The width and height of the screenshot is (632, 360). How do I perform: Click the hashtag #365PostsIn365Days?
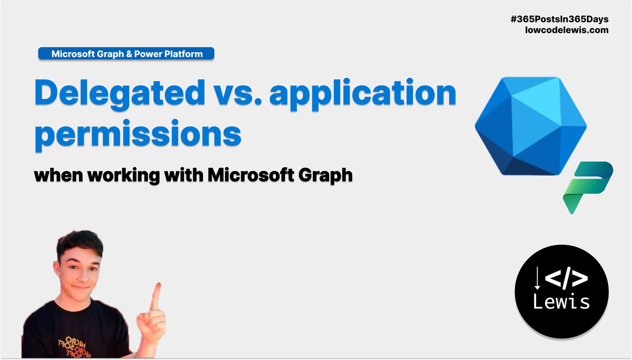click(x=559, y=19)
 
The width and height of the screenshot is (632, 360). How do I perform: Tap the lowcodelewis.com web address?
click(x=567, y=30)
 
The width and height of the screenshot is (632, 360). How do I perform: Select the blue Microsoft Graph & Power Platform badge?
click(x=126, y=54)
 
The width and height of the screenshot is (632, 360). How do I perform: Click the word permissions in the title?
click(x=138, y=134)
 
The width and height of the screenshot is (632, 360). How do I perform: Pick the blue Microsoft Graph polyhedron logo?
click(x=531, y=126)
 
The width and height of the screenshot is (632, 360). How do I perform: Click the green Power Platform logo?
click(x=588, y=187)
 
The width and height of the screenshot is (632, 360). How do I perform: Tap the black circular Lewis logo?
click(x=561, y=292)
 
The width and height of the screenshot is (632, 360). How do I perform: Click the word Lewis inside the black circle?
click(x=561, y=302)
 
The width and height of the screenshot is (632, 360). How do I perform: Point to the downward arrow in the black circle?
click(x=538, y=278)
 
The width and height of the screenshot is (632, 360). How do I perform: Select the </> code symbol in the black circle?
click(x=567, y=278)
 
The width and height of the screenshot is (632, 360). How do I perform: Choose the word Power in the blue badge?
click(x=148, y=54)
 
